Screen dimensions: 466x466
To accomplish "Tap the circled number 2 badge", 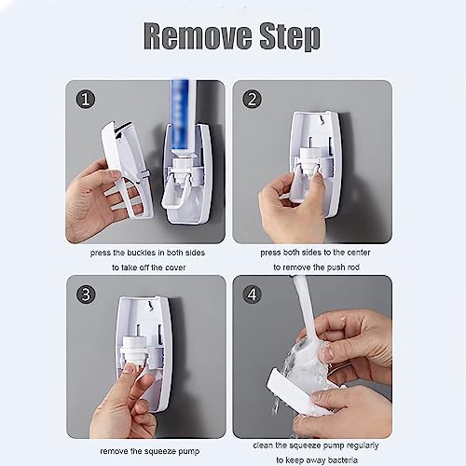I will (x=253, y=98).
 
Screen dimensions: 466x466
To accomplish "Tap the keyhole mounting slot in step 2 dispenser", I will (x=315, y=122).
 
